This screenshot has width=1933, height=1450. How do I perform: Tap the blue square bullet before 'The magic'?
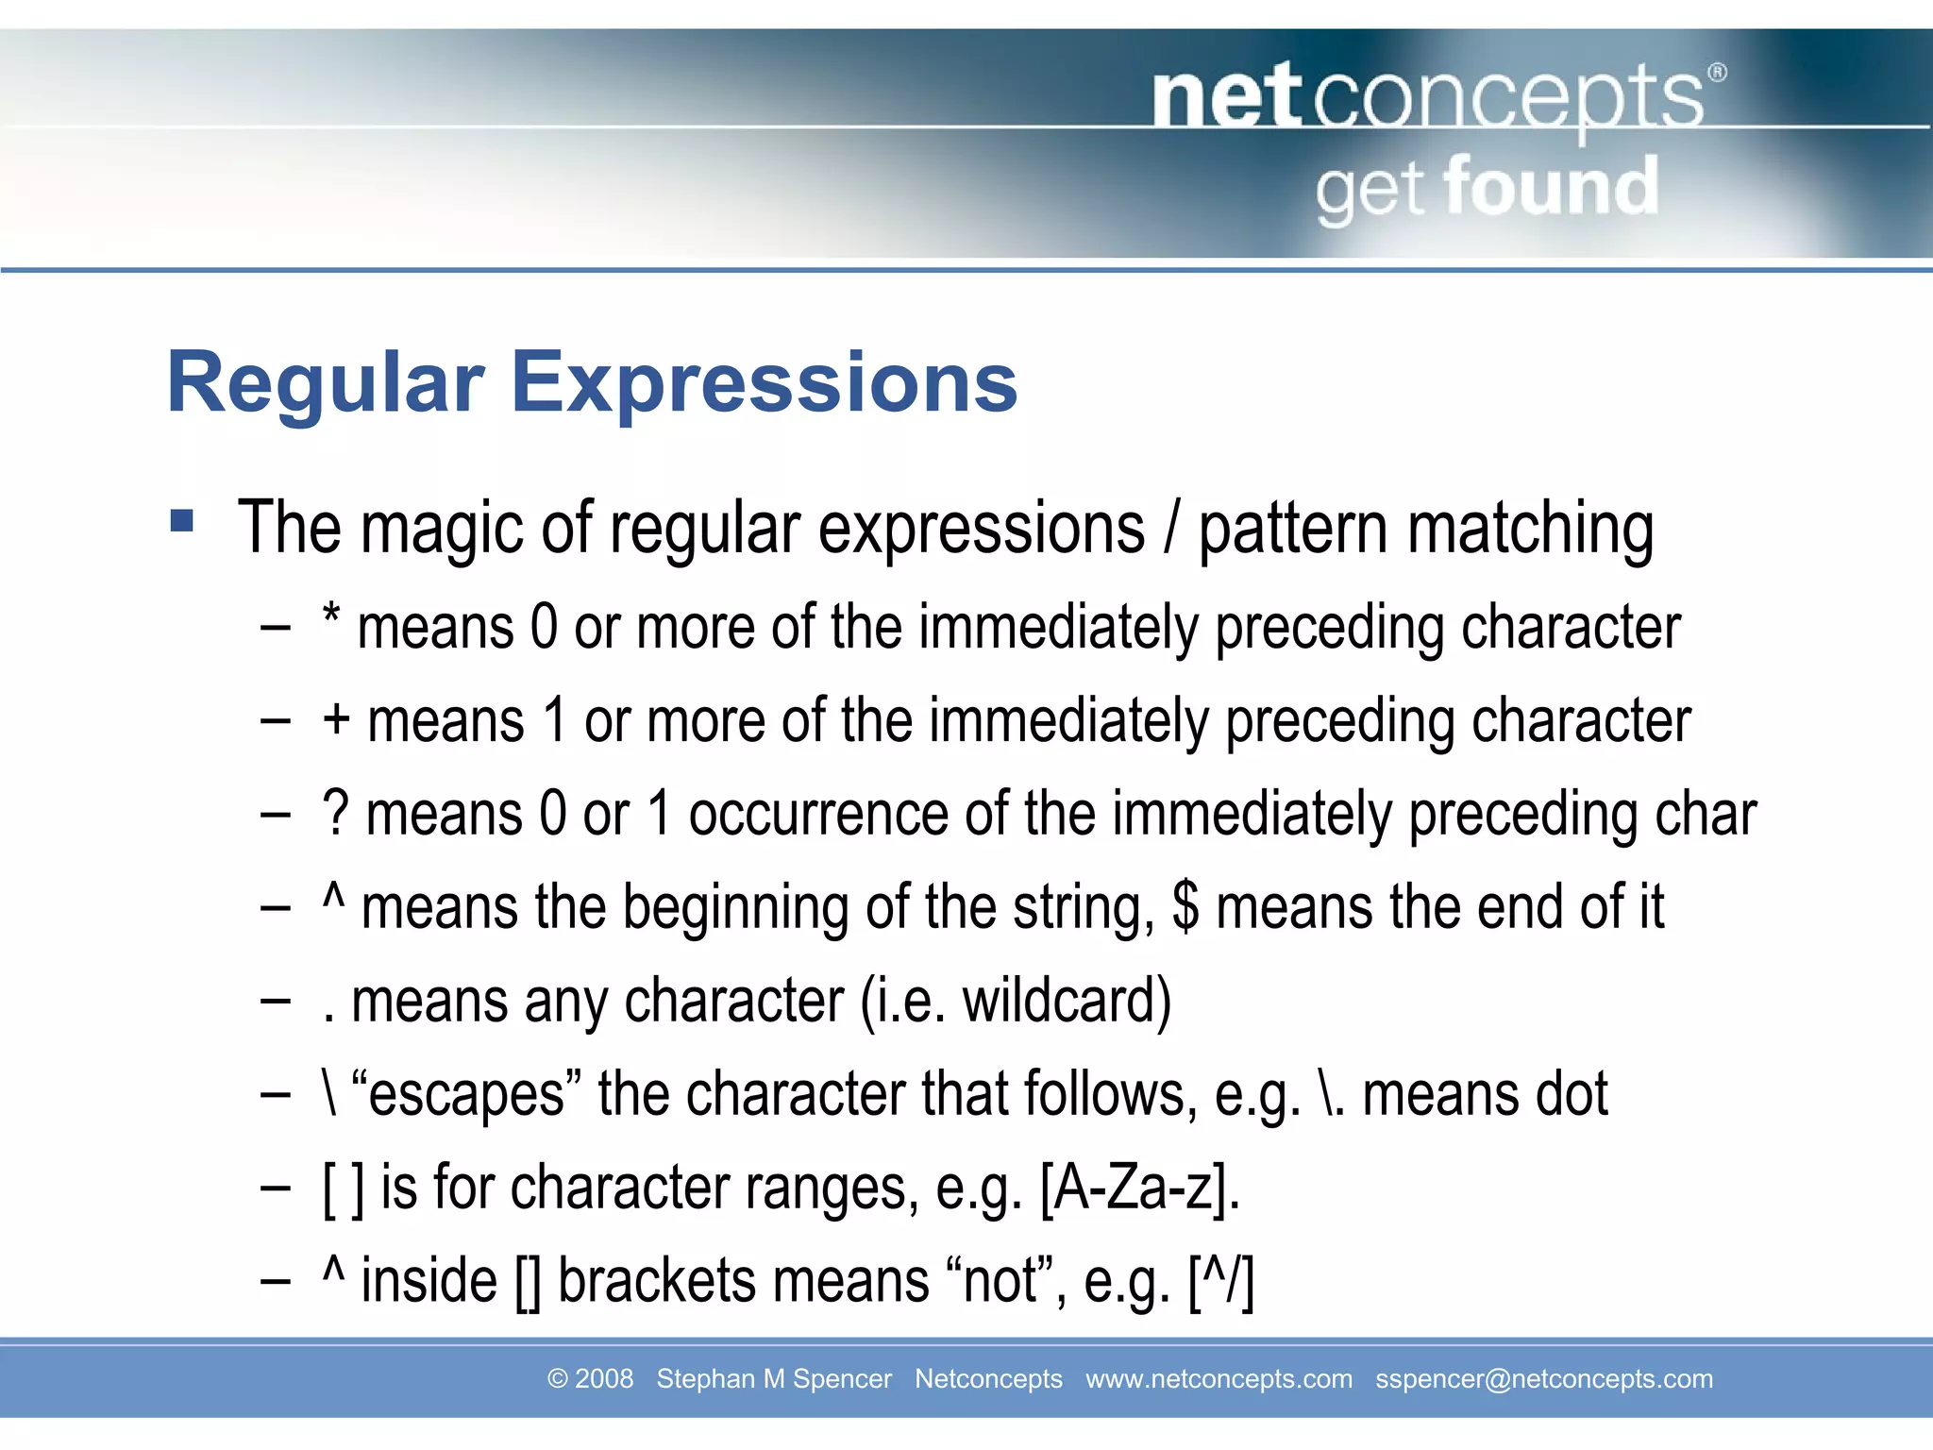(182, 521)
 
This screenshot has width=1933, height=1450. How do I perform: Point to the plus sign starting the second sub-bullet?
(336, 720)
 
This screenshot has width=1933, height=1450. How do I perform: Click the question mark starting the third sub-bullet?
(335, 813)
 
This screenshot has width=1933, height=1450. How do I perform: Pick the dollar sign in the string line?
(1185, 906)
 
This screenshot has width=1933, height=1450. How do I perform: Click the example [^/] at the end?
(1221, 1281)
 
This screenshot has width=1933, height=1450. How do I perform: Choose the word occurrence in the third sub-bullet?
(817, 813)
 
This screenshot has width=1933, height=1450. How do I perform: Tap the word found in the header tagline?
(1551, 187)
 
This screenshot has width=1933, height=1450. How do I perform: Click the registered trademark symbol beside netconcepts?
(1717, 73)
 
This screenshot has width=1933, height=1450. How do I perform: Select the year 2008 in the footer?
(604, 1379)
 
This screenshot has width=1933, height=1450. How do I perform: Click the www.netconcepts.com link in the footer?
(1219, 1379)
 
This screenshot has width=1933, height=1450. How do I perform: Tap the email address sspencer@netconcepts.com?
(1543, 1379)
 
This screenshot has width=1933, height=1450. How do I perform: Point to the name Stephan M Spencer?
(774, 1379)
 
